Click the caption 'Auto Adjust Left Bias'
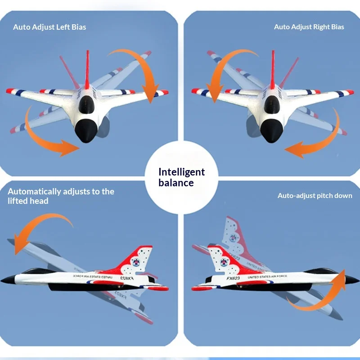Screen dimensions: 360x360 point(49,27)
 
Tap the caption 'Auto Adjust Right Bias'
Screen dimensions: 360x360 point(309,27)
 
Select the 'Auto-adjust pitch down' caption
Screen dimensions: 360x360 point(315,196)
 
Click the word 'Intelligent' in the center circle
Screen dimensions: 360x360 point(181,172)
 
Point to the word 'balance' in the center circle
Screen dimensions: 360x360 point(176,183)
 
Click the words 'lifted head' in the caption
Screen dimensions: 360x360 point(28,201)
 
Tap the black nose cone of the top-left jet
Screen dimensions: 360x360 point(86,130)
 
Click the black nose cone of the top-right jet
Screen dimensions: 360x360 point(272,130)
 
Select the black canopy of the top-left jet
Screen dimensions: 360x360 point(86,104)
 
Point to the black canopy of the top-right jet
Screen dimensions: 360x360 point(272,104)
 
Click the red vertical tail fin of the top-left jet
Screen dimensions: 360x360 point(87,70)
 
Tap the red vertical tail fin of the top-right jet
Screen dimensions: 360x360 point(273,70)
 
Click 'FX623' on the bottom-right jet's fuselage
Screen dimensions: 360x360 point(233,278)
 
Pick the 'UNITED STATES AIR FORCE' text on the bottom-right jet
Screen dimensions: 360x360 point(267,277)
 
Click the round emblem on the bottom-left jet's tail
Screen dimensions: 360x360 point(136,262)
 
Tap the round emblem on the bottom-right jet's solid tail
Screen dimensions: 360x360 point(224,262)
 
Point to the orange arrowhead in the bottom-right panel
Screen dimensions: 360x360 point(341,279)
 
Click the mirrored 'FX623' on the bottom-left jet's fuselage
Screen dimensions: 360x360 point(127,278)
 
